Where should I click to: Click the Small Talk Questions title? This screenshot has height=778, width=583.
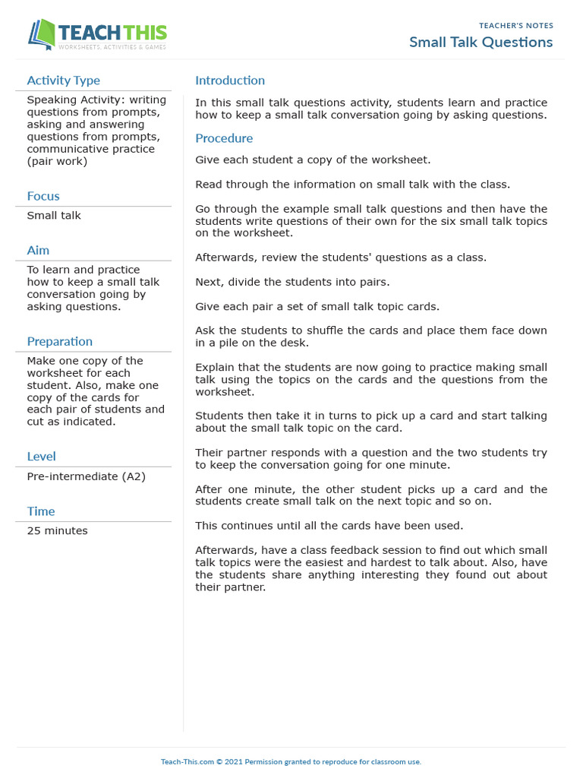[x=481, y=43]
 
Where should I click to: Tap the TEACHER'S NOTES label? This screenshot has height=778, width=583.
[x=515, y=26]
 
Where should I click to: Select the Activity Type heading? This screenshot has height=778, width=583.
[x=63, y=81]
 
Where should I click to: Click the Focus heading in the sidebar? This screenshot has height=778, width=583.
[x=43, y=196]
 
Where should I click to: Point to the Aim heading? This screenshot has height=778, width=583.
[x=38, y=250]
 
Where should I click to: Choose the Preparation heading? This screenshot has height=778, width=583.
[x=59, y=341]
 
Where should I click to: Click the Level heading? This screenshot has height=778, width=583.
[x=41, y=456]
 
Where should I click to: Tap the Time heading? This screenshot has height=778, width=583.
[x=41, y=511]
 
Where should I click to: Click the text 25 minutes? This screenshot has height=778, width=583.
[x=57, y=530]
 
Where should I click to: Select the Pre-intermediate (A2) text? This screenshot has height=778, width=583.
[x=86, y=476]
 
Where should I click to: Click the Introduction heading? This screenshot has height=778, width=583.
[x=230, y=81]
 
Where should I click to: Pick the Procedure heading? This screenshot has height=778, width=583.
[x=224, y=138]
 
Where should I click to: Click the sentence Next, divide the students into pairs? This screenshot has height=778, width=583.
[x=292, y=282]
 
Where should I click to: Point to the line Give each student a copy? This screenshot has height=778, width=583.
[x=313, y=160]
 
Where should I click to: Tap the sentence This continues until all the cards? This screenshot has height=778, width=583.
[x=329, y=525]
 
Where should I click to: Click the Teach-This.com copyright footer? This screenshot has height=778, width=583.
[x=291, y=761]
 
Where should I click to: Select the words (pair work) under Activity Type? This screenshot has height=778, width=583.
[x=57, y=161]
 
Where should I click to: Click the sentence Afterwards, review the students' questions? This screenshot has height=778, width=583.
[x=341, y=258]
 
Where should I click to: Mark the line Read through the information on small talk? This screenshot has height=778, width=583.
[x=352, y=184]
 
